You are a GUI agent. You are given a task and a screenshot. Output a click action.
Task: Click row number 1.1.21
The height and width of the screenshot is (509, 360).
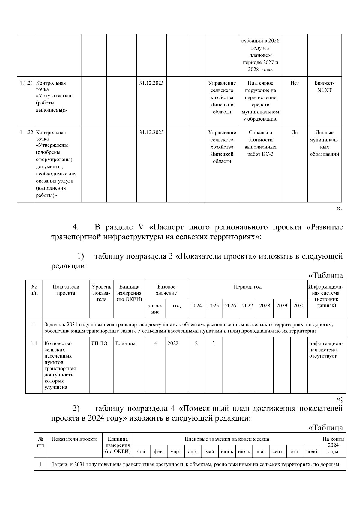pos(25,83)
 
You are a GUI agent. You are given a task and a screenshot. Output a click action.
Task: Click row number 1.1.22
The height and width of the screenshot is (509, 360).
pos(25,133)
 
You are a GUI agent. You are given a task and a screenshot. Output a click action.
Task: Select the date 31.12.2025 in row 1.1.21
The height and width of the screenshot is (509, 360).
pos(151,83)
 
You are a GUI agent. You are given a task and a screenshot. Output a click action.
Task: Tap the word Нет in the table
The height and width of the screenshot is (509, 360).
pos(294,83)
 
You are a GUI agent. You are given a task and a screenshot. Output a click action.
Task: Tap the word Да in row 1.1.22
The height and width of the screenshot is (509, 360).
pos(294,133)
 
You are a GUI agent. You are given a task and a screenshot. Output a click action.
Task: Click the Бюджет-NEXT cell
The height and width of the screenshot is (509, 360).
pos(324,87)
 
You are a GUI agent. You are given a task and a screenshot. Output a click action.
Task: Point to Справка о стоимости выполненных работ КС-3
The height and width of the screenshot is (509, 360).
pos(260,143)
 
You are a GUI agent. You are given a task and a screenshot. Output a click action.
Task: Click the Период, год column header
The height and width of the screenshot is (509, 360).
pos(247,287)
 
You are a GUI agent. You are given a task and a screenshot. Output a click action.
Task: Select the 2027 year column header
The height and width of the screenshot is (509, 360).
pos(247,306)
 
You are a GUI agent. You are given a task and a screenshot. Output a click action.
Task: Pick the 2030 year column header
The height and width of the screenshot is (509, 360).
pos(298,306)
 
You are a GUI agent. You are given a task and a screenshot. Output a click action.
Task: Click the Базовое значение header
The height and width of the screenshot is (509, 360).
pos(166,290)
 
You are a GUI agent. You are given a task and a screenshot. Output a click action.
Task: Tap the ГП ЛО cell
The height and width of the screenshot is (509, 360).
pos(99,344)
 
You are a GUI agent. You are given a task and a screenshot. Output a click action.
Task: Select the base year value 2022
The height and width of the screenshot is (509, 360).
pos(173,344)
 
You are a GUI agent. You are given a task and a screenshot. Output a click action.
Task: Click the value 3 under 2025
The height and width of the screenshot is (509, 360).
pos(213,344)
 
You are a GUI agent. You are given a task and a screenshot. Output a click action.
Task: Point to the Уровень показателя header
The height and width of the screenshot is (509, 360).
pos(101,293)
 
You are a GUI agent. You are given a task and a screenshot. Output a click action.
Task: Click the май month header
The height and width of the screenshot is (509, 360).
pos(210,451)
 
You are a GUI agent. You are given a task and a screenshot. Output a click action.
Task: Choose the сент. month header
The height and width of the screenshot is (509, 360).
pos(278,451)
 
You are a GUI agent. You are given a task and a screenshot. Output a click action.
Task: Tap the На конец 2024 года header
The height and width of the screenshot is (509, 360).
pos(333,445)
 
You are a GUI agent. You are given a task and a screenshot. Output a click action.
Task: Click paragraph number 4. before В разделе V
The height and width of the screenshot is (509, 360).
pos(76,227)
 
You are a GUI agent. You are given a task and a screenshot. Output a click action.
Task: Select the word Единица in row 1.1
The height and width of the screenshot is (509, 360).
pos(125,344)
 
